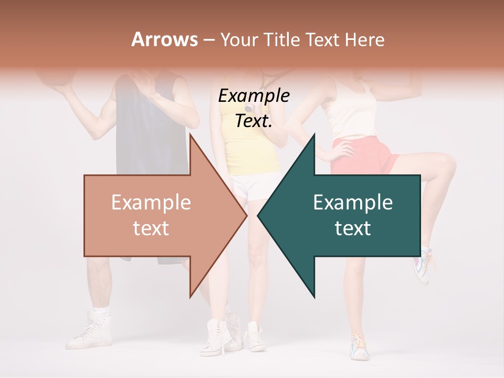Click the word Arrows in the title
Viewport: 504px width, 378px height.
click(164, 39)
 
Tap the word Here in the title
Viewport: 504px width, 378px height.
click(365, 40)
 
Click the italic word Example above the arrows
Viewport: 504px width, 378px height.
click(254, 96)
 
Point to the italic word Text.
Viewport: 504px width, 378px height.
click(254, 121)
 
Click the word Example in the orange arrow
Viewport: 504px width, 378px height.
click(151, 202)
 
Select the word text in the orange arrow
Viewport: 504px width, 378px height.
click(151, 228)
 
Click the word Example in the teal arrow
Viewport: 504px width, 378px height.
click(353, 202)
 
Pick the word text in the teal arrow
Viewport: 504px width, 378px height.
click(353, 228)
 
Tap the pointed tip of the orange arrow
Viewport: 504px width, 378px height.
click(246, 215)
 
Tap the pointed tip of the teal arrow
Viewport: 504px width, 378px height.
click(259, 215)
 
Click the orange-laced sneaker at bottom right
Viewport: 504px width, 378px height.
click(360, 346)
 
